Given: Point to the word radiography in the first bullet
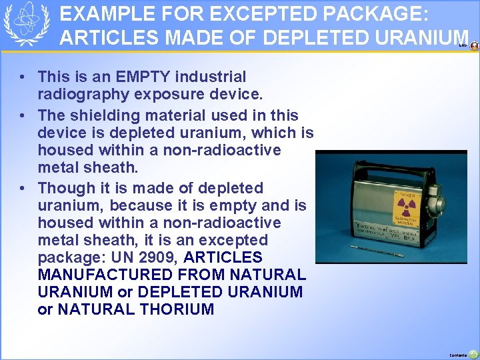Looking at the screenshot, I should pyautogui.click(x=74, y=95).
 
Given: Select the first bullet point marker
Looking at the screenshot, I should pyautogui.click(x=23, y=78).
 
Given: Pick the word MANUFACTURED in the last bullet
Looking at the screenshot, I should pyautogui.click(x=99, y=275).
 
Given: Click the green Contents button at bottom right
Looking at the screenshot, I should pyautogui.click(x=473, y=354).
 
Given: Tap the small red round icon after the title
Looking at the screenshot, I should pyautogui.click(x=474, y=46).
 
